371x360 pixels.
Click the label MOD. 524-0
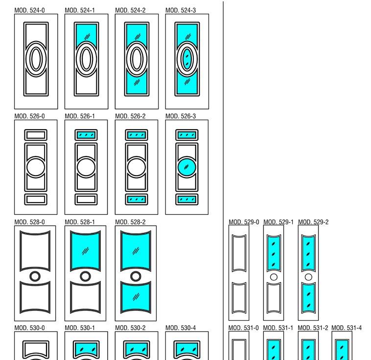click(29, 10)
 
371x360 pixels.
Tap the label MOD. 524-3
click(181, 10)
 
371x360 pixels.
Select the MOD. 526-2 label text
click(130, 116)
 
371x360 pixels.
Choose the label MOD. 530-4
click(181, 328)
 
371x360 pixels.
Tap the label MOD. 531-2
click(313, 328)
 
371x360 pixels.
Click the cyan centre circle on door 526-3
click(186, 167)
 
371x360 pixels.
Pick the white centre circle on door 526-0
click(36, 167)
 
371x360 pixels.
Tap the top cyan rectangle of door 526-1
click(86, 135)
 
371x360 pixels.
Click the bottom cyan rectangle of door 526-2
click(137, 200)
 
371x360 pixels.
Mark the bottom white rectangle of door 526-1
click(86, 200)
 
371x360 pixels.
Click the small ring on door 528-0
click(35, 276)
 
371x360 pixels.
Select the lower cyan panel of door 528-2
click(137, 296)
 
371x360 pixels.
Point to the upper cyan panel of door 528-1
click(86, 251)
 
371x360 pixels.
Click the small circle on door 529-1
click(274, 277)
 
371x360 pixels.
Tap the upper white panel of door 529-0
click(239, 253)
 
